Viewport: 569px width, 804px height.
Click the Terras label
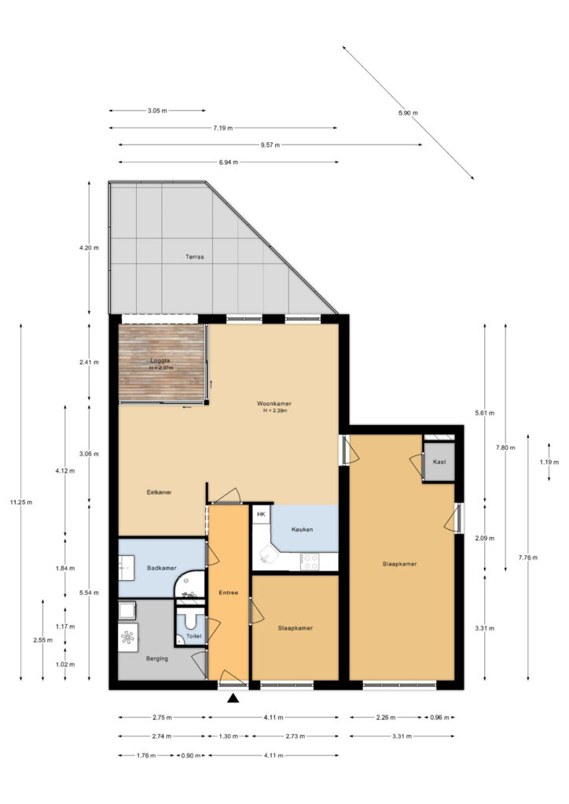click(x=194, y=257)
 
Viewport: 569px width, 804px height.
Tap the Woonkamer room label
click(x=274, y=404)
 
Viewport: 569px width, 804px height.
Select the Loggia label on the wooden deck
click(x=160, y=361)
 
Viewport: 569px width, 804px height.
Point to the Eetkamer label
click(x=159, y=492)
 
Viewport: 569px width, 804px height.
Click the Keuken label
click(x=303, y=530)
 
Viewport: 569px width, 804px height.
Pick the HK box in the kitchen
click(x=261, y=513)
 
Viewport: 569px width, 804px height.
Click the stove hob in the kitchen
click(x=310, y=561)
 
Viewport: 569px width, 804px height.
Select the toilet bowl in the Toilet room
click(x=191, y=620)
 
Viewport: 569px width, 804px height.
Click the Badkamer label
click(x=162, y=568)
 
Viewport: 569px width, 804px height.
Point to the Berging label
click(x=157, y=659)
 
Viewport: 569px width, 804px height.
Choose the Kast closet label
click(x=439, y=462)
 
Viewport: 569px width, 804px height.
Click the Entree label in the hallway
click(x=229, y=593)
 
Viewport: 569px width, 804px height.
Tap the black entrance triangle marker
click(x=233, y=698)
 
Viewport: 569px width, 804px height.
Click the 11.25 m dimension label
click(x=21, y=502)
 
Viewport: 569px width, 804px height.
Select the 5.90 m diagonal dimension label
click(x=408, y=113)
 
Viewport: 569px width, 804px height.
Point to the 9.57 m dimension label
click(x=270, y=145)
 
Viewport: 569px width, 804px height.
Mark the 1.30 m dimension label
click(x=229, y=736)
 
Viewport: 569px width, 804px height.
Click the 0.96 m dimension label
click(x=439, y=718)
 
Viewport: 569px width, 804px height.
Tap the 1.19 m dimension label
click(x=549, y=462)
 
